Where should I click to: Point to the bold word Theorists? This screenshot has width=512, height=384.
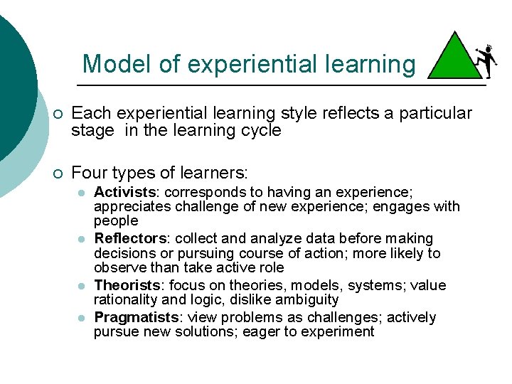click(127, 285)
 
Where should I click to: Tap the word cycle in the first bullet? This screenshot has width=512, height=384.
click(261, 131)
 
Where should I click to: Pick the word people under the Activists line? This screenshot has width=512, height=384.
click(115, 221)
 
